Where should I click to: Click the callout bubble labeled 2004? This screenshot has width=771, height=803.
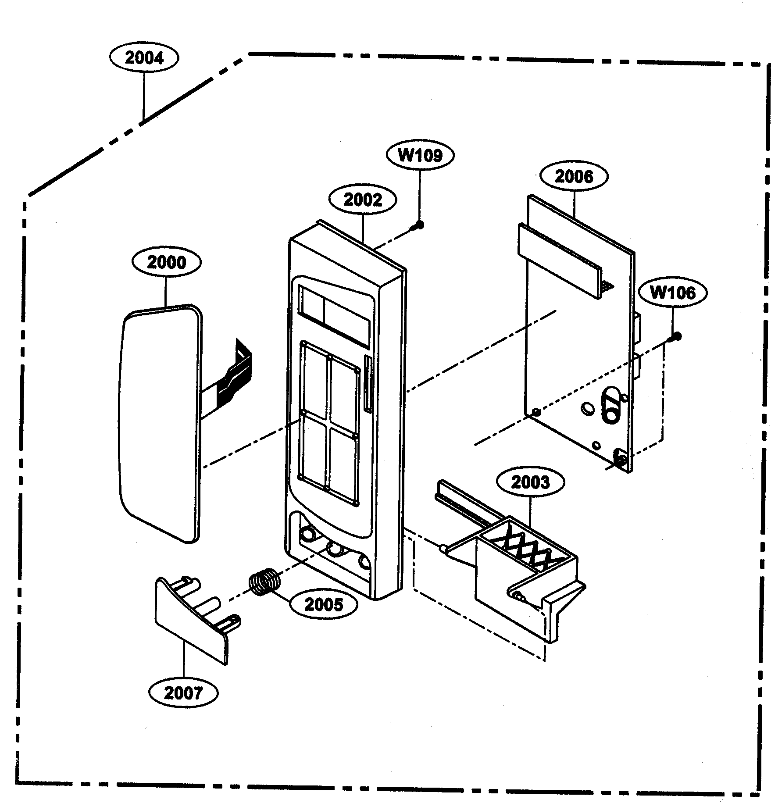click(x=144, y=58)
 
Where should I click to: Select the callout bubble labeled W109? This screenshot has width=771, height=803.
click(x=420, y=155)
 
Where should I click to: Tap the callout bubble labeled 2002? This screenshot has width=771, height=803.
click(x=363, y=200)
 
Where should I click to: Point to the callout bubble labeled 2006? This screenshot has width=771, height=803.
click(x=574, y=177)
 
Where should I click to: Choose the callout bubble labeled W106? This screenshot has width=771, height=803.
click(x=672, y=293)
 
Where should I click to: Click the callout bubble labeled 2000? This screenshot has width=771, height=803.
click(x=166, y=262)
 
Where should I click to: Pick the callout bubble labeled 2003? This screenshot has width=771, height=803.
click(x=530, y=482)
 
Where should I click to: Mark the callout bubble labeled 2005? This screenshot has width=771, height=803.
click(x=323, y=605)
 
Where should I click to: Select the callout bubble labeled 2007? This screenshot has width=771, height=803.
click(x=183, y=693)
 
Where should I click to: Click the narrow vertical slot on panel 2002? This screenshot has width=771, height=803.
click(x=368, y=384)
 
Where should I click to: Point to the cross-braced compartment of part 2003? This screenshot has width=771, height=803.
click(x=526, y=546)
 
